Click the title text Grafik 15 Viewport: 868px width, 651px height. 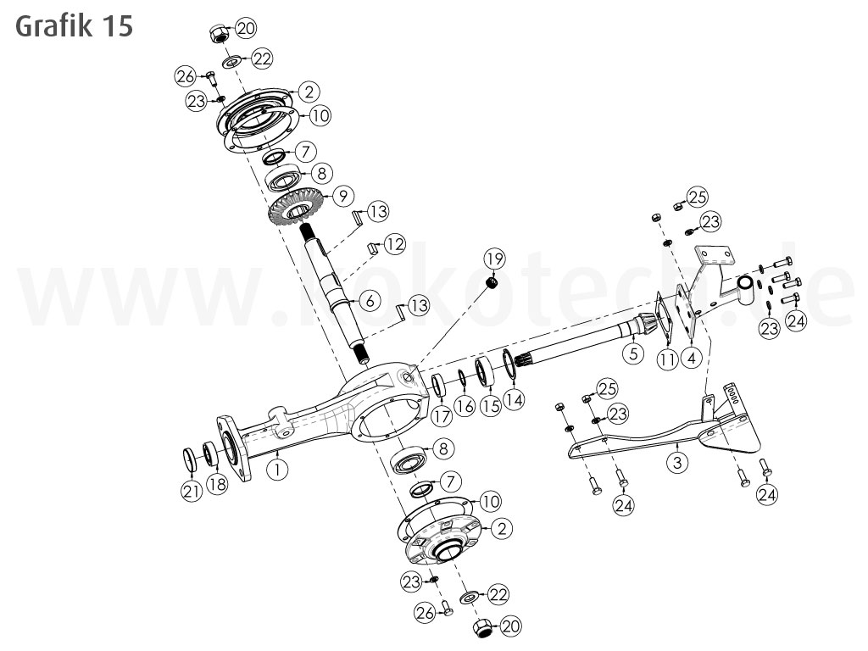(74, 25)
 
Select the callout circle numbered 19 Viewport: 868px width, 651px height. (495, 258)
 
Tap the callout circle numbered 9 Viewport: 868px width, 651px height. (342, 196)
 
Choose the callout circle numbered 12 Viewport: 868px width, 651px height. (394, 244)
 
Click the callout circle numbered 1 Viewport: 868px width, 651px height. (277, 467)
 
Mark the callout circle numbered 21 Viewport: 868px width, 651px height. (192, 490)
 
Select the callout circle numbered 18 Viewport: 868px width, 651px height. (219, 484)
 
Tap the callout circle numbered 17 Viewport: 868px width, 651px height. (441, 416)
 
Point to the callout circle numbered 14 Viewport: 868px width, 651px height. (514, 398)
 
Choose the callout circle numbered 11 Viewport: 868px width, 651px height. (668, 359)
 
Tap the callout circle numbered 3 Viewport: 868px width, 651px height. (676, 461)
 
